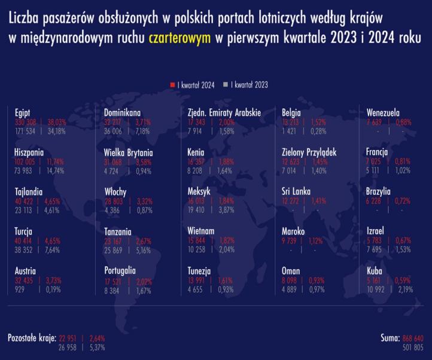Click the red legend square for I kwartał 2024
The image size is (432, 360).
(x=172, y=85)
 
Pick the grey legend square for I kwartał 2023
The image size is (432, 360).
(x=226, y=85)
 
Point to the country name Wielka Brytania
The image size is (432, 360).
(x=128, y=152)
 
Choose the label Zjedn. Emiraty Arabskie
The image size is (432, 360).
(x=224, y=112)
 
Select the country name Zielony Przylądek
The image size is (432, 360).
(x=309, y=152)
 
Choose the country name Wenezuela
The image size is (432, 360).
(x=383, y=112)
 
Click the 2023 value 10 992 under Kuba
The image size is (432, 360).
(x=378, y=289)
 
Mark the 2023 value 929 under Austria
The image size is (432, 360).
(x=21, y=289)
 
